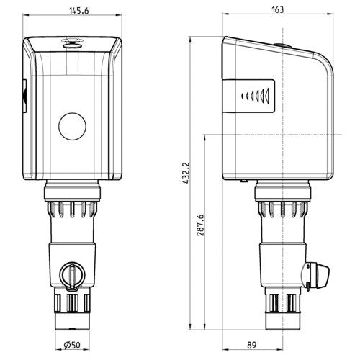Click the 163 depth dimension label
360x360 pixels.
click(x=277, y=9)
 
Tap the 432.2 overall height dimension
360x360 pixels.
click(x=186, y=173)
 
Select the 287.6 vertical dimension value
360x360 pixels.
click(x=200, y=225)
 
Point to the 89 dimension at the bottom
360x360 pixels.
click(x=251, y=345)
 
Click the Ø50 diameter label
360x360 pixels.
click(x=72, y=345)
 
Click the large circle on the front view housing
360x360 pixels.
click(x=72, y=126)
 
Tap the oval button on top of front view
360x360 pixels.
click(x=72, y=45)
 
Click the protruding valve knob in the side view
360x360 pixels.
click(x=316, y=275)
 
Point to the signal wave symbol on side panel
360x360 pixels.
click(x=256, y=96)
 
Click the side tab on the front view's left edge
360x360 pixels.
click(x=24, y=96)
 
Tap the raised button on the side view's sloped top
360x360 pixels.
click(x=283, y=45)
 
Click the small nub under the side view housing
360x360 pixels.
click(x=244, y=181)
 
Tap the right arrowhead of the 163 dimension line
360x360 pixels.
click(x=330, y=14)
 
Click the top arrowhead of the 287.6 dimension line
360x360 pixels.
click(x=204, y=138)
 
